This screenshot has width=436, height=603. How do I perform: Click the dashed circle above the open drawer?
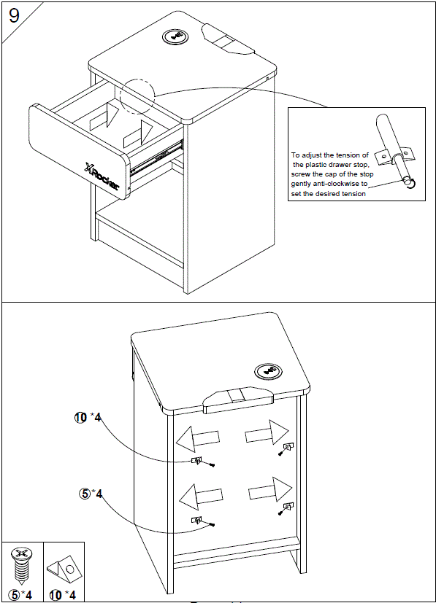pos(138,96)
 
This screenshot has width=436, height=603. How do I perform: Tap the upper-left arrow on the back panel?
pos(197,439)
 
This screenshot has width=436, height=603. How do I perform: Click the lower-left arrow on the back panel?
pos(199,497)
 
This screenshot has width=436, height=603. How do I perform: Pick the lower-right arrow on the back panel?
pos(269,490)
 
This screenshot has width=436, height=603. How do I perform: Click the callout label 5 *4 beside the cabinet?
pos(91,494)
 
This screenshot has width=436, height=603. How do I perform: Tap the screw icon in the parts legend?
pos(21,564)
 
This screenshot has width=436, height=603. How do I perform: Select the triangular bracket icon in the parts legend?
pos(64,567)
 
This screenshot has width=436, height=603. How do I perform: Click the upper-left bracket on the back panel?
pos(196,460)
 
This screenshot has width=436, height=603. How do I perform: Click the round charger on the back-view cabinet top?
pos(268,370)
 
